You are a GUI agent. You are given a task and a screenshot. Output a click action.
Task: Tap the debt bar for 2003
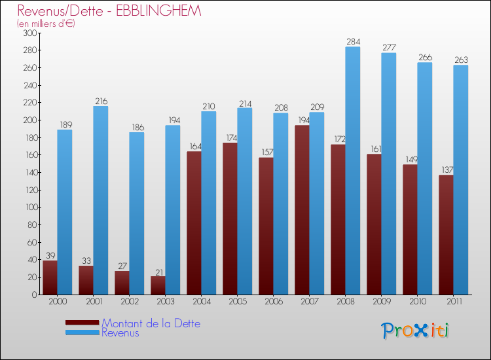pyautogui.click(x=158, y=285)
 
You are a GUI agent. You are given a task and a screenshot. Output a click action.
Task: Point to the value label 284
pyautogui.click(x=353, y=42)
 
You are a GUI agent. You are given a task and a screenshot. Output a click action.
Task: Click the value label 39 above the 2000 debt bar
pyautogui.click(x=50, y=256)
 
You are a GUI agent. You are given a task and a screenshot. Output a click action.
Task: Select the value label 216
pyautogui.click(x=101, y=101)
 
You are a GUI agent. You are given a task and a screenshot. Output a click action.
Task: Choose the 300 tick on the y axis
pyautogui.click(x=29, y=33)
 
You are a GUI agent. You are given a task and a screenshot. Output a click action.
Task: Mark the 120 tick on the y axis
pyautogui.click(x=29, y=190)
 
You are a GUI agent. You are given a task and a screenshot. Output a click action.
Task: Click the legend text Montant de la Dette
pyautogui.click(x=151, y=323)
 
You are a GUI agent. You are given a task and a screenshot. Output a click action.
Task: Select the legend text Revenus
pyautogui.click(x=120, y=333)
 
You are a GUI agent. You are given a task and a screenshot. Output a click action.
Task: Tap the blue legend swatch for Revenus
pyautogui.click(x=82, y=333)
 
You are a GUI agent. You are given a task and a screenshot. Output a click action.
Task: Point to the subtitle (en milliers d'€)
pyautogui.click(x=46, y=24)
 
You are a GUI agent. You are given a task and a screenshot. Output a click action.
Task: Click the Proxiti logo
pyautogui.click(x=415, y=331)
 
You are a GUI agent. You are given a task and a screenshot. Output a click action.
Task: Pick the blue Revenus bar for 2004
pyautogui.click(x=208, y=203)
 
